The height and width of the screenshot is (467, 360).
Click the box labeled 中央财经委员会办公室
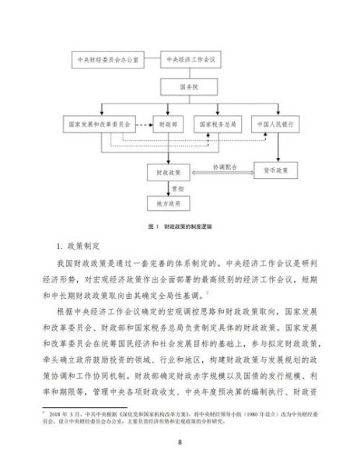pos(105,59)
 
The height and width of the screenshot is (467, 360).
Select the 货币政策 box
pos(275,170)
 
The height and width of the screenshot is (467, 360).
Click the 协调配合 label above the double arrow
pos(225,166)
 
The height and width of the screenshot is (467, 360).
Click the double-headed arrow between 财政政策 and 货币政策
pos(225,172)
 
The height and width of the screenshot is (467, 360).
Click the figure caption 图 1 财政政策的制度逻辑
pos(180,226)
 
